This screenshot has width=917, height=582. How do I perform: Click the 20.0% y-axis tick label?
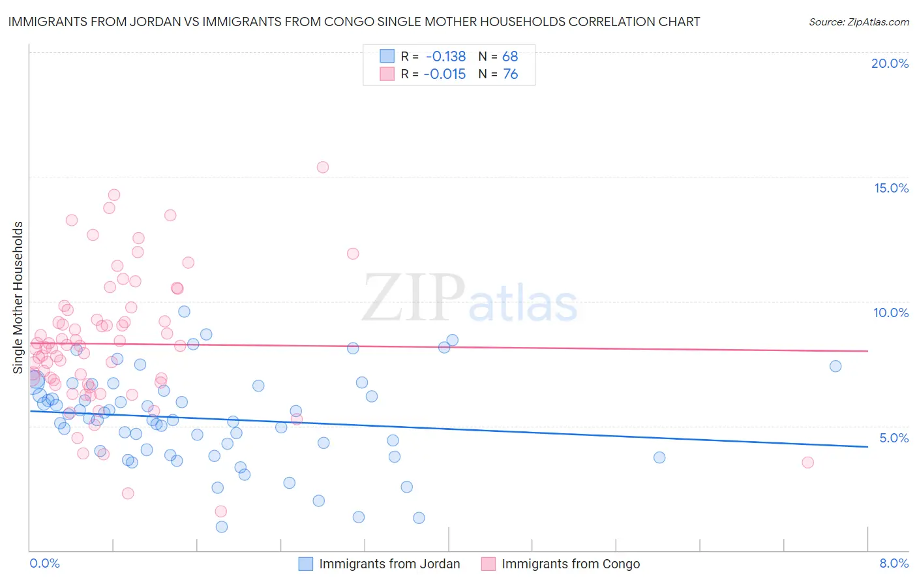click(890, 63)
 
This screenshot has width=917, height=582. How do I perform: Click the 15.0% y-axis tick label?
click(891, 188)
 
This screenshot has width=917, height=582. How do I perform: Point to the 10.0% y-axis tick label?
click(891, 313)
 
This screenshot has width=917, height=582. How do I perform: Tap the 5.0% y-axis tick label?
click(894, 438)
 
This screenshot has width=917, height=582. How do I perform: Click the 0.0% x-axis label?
click(44, 563)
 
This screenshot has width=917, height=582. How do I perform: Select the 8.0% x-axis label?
click(894, 563)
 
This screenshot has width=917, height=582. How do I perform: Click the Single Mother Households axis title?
click(18, 298)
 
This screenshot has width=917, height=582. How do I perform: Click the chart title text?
click(354, 22)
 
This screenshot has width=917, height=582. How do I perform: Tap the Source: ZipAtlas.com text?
click(858, 22)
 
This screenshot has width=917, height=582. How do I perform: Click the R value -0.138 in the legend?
click(445, 56)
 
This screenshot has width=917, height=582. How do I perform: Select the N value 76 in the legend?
click(511, 74)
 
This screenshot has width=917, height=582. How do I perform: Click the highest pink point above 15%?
click(322, 167)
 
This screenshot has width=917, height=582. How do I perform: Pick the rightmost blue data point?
click(835, 366)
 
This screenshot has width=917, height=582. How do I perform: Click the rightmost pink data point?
click(807, 463)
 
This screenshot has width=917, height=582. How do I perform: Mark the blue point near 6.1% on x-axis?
click(659, 457)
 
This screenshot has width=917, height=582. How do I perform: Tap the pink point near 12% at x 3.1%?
click(353, 254)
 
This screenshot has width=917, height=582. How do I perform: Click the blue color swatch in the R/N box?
click(387, 56)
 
